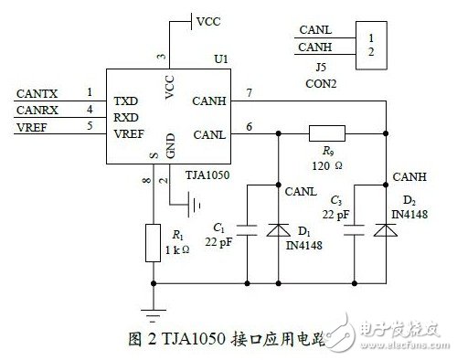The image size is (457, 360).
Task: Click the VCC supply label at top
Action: tap(208, 19)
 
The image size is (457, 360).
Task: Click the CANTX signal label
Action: tap(37, 92)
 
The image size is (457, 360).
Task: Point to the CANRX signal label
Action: tap(37, 110)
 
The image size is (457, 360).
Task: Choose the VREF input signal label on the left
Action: tap(33, 127)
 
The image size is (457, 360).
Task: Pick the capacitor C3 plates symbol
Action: tap(355, 228)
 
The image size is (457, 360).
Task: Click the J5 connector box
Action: tap(369, 44)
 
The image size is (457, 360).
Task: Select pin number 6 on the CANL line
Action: tap(248, 125)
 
